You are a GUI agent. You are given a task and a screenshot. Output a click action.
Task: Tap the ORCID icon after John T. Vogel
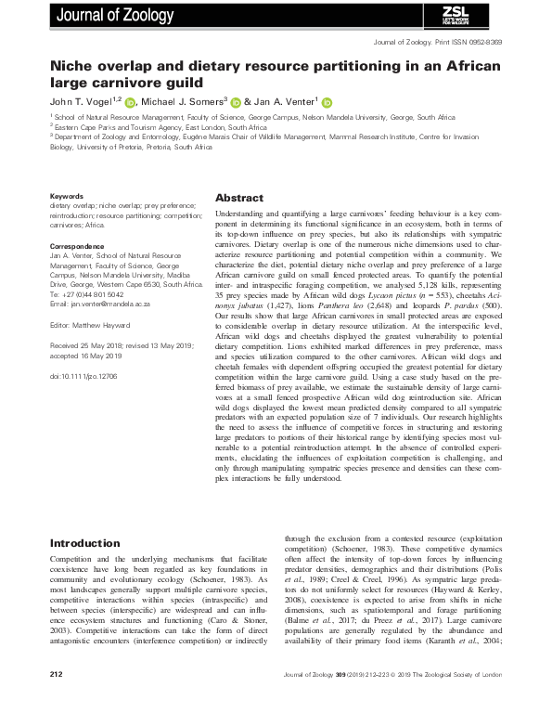click(x=130, y=101)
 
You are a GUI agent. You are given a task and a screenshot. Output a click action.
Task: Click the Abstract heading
click(x=239, y=199)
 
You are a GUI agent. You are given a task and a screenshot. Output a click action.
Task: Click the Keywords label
click(x=67, y=196)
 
